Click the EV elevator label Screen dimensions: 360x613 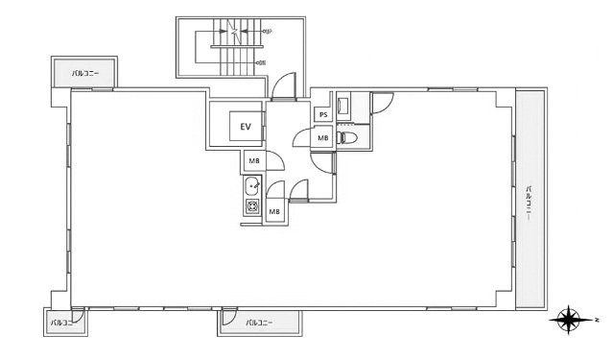(x=246, y=126)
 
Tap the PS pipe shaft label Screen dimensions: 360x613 (x=323, y=116)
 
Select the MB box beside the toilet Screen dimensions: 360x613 (x=323, y=138)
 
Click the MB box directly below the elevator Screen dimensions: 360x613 (x=253, y=161)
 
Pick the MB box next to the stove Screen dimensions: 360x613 (x=274, y=211)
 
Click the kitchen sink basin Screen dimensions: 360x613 (x=252, y=185)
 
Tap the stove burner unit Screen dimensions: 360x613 (x=252, y=206)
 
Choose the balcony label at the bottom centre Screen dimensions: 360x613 (x=259, y=323)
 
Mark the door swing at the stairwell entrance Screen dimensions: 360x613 (x=284, y=88)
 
